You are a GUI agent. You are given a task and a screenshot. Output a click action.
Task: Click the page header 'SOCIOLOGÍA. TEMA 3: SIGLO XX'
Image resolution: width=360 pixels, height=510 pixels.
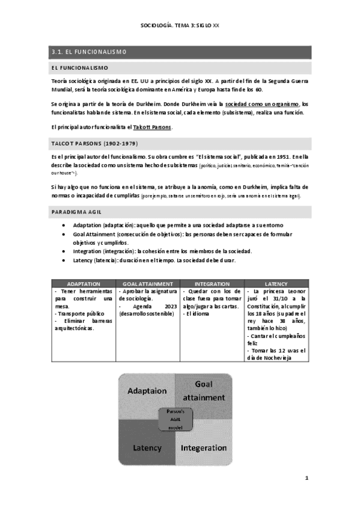point(180,26)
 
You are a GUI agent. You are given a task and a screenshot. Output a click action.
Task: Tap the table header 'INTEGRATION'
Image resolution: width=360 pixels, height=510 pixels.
point(212,283)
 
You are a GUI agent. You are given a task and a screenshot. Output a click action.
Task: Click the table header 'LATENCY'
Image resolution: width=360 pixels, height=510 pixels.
point(276,283)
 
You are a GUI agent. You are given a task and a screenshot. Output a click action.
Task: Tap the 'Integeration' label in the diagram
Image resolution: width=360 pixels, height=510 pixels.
point(204,447)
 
